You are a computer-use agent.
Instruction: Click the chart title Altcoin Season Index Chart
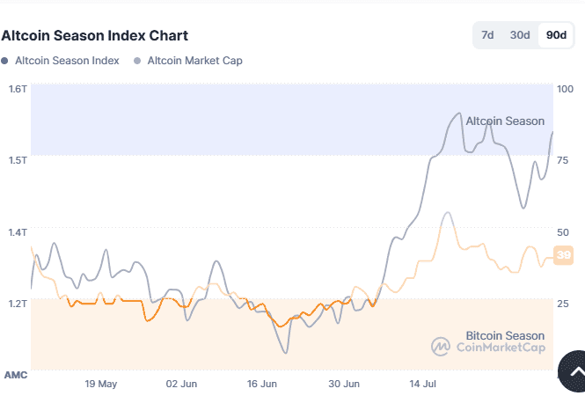point(95,36)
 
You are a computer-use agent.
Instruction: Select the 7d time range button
point(487,35)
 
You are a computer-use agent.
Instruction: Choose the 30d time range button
point(520,35)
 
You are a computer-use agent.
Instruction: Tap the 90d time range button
point(556,35)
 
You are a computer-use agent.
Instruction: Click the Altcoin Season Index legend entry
point(66,61)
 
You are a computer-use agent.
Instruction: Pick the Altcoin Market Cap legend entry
point(194,61)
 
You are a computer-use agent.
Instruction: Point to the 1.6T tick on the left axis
point(18,89)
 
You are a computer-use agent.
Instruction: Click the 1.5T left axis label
point(18,160)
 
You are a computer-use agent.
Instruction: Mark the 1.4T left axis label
point(18,232)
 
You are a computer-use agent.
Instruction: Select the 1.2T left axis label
point(18,304)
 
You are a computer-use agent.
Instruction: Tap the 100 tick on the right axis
point(565,89)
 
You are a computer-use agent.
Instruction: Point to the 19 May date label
point(101,385)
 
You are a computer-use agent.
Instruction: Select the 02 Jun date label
point(182,385)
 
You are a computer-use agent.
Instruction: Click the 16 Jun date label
point(262,385)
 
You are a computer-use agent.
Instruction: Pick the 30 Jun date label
point(345,385)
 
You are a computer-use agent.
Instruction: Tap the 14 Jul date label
point(424,385)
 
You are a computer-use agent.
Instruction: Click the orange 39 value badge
point(565,255)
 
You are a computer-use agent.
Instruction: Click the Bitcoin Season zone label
point(504,335)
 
